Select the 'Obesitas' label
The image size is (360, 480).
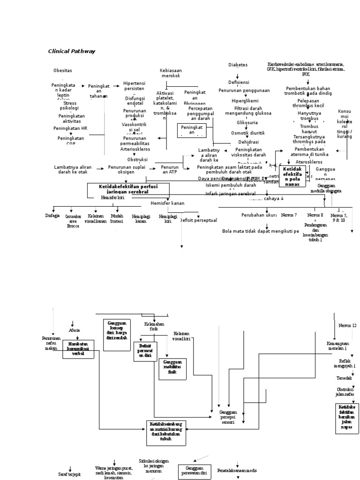coord(63,70)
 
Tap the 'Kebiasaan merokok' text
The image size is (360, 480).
coord(170,73)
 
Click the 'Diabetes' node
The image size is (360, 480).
coord(238,65)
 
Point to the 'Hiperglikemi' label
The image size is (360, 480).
coord(245,100)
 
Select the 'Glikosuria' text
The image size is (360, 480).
coord(246,123)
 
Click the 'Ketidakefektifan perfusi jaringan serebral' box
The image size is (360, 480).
coord(128,189)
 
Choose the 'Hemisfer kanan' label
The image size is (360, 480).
coord(167,203)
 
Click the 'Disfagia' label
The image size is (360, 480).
coord(52,216)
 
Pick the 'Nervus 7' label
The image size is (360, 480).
coord(289,215)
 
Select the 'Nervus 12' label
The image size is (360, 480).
coord(347,325)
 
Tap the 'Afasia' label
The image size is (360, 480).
coord(74,330)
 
